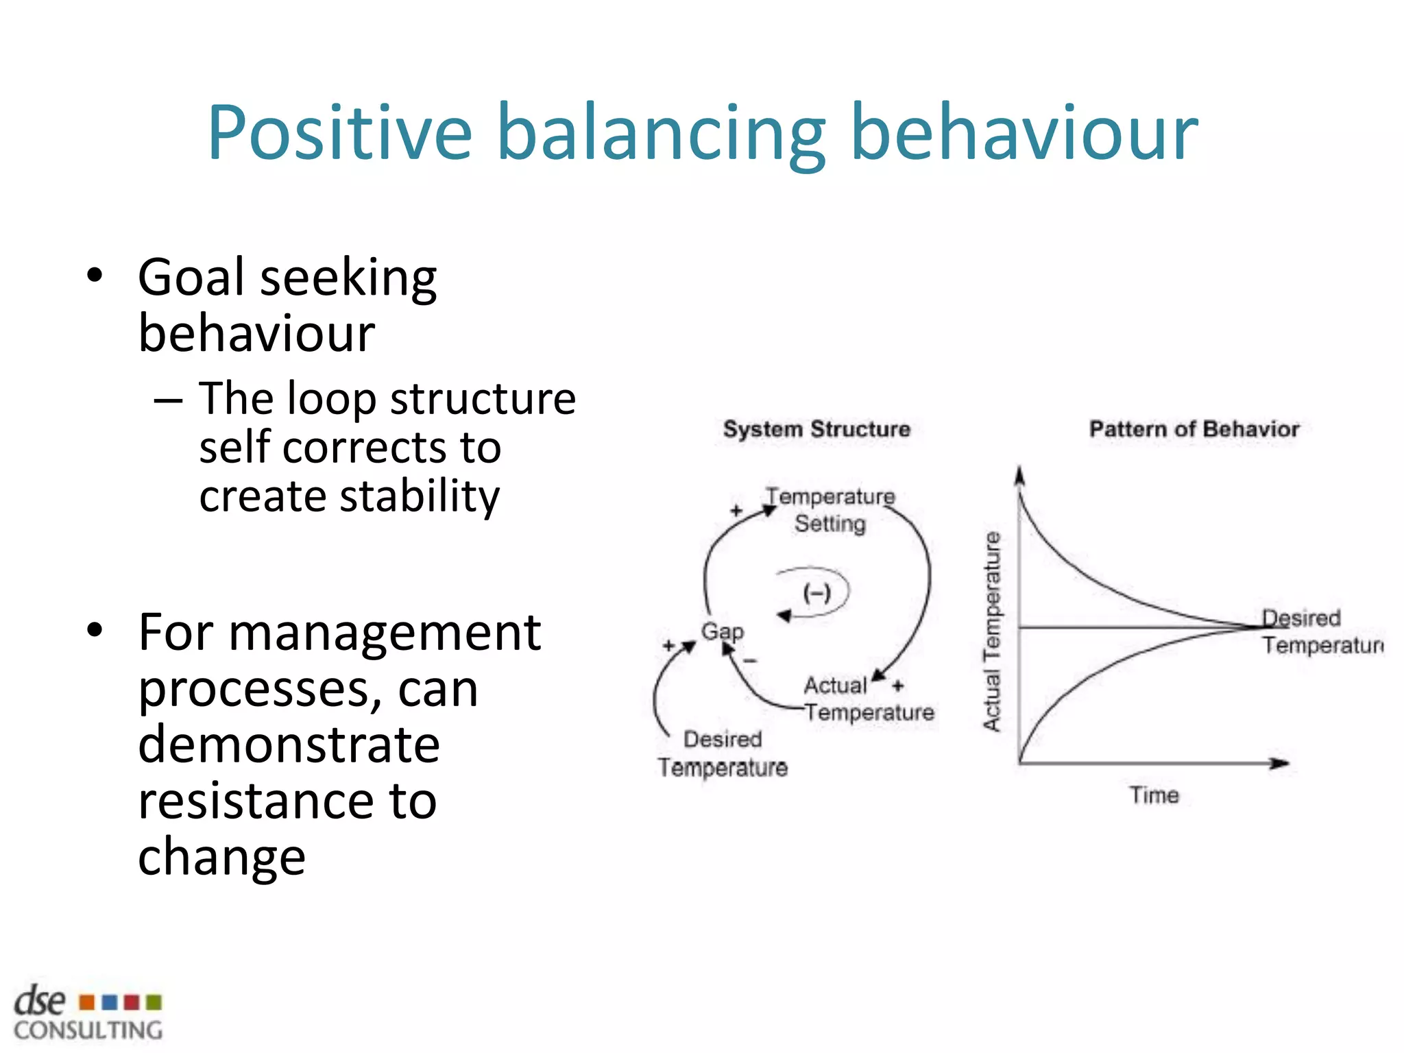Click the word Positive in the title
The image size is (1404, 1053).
[x=340, y=134]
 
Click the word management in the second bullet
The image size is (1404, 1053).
[x=384, y=633]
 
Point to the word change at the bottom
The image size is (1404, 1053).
[x=221, y=857]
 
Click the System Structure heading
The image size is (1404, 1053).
[x=816, y=429]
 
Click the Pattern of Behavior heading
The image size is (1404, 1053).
[x=1194, y=429]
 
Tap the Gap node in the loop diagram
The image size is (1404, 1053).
[x=722, y=631]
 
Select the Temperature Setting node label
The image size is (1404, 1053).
[x=830, y=510]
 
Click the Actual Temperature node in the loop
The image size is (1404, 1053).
[x=868, y=699]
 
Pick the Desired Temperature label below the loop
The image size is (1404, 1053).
[x=723, y=753]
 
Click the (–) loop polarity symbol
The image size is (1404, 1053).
[x=816, y=592]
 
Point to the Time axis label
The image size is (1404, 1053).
[x=1154, y=795]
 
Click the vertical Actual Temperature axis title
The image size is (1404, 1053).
[x=992, y=631]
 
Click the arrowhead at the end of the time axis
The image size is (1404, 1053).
[x=1280, y=763]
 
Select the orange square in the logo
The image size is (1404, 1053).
[x=87, y=1002]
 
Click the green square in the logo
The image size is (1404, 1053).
[x=154, y=1002]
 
